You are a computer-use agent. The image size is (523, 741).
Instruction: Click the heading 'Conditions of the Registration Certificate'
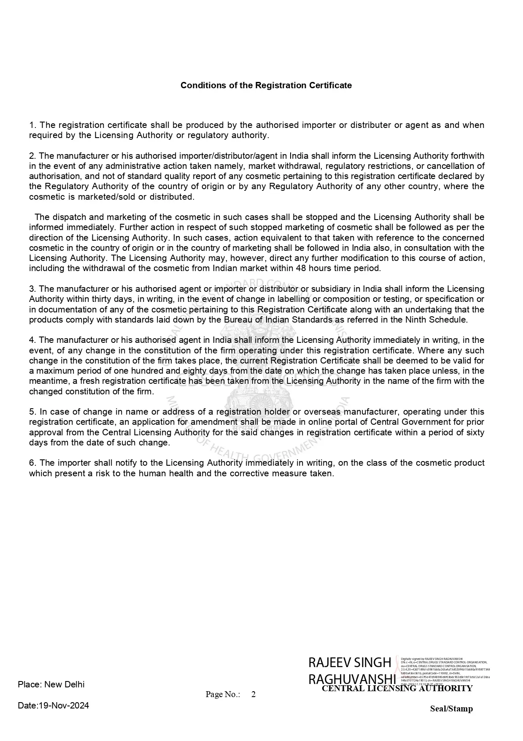[266, 85]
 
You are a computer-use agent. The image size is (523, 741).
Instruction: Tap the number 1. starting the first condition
[33, 125]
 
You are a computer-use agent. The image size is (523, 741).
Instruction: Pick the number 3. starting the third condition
[33, 289]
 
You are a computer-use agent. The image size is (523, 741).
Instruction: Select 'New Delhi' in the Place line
[64, 684]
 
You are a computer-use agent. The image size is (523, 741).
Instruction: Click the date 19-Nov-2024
[64, 705]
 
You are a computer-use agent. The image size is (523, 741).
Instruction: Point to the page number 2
[253, 695]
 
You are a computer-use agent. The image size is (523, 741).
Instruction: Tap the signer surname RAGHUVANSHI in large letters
[352, 679]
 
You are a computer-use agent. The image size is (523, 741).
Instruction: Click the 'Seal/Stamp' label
[451, 708]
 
